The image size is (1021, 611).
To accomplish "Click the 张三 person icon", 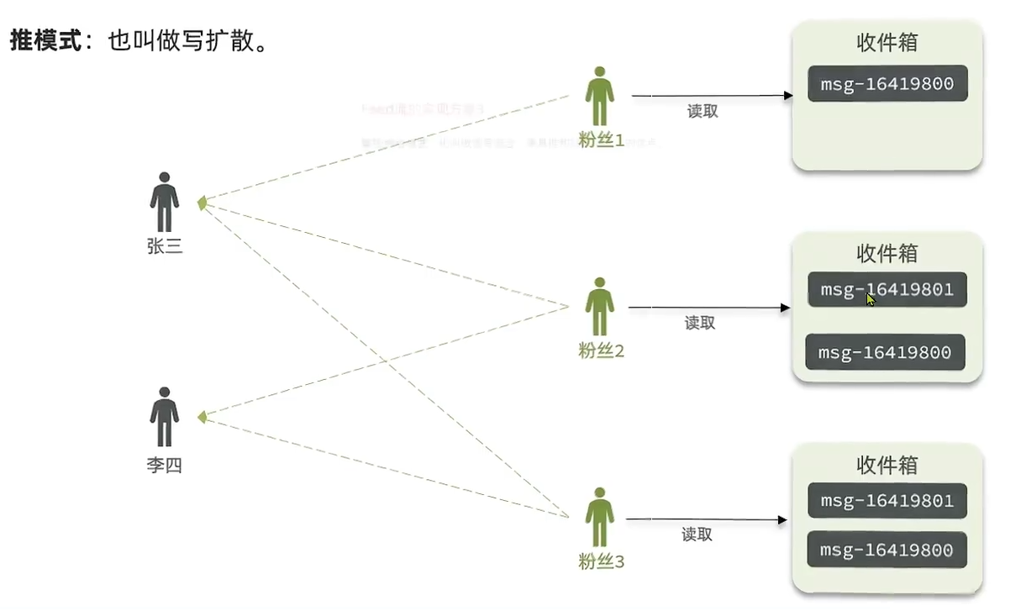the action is (165, 203).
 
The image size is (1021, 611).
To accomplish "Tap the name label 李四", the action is (164, 465).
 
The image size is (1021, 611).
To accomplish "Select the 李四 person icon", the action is (165, 417).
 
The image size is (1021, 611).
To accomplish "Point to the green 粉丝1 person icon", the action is (598, 96).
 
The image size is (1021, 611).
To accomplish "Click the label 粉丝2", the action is (601, 351).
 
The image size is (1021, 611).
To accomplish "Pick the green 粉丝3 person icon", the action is (599, 517).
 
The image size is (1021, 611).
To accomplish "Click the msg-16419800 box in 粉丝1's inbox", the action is (887, 84).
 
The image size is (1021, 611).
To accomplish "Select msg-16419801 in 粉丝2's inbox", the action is (887, 290).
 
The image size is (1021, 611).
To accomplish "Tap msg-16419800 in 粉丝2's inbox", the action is (885, 352).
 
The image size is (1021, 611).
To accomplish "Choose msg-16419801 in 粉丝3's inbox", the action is (887, 501).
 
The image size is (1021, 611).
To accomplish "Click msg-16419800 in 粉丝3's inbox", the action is (887, 550).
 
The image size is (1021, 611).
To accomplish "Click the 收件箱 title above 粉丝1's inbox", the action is (887, 43).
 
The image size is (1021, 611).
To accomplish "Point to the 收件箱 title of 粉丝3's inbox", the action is (887, 465).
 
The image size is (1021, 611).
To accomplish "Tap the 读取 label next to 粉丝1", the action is (703, 111).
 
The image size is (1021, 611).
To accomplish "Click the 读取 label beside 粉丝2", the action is (699, 322).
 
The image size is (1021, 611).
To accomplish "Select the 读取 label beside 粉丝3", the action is (697, 534).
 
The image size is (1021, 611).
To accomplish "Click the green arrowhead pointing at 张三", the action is (201, 203).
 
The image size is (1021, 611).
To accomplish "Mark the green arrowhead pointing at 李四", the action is (201, 417).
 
